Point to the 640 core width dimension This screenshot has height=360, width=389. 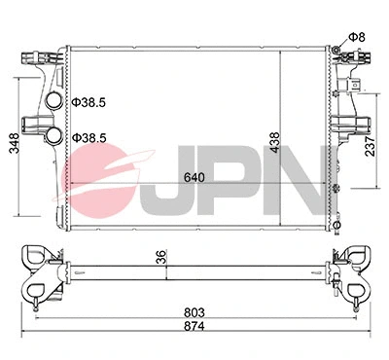[x=194, y=180]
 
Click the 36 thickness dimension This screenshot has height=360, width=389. [x=161, y=260]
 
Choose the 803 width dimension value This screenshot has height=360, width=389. [x=194, y=311]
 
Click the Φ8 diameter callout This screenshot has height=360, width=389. [x=357, y=37]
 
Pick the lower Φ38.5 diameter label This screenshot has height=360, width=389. [x=89, y=138]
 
